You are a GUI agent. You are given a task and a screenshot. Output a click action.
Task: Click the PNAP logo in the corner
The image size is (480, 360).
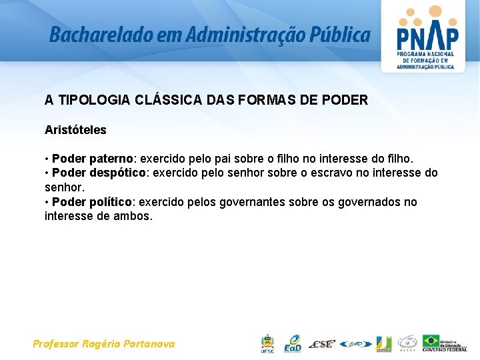[427, 36]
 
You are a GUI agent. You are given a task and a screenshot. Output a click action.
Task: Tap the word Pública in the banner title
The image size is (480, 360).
[342, 35]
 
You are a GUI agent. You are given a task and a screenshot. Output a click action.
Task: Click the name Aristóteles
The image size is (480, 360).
[75, 130]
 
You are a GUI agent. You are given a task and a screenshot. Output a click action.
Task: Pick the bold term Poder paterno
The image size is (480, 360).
[93, 159]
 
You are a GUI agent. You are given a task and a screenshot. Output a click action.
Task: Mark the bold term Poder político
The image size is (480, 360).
[93, 202]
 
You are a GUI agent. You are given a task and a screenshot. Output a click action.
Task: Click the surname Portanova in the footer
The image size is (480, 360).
[149, 344]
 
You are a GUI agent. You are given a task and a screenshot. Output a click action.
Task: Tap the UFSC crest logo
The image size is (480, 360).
[267, 343]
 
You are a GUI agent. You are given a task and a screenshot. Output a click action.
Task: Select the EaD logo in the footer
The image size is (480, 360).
[292, 343]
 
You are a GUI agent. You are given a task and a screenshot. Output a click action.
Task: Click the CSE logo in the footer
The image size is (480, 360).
[322, 344]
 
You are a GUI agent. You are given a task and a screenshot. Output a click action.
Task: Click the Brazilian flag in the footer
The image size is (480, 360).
[431, 341]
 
